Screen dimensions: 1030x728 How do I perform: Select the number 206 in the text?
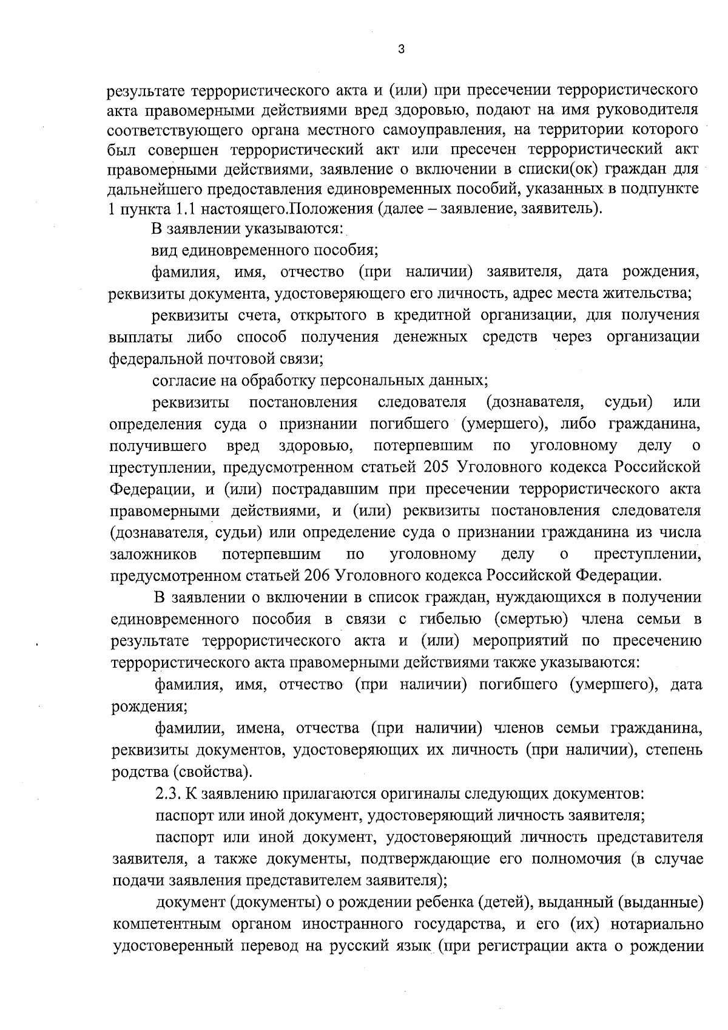tap(318, 575)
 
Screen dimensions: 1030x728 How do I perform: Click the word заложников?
tap(153, 554)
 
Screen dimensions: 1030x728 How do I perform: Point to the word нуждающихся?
tap(542, 597)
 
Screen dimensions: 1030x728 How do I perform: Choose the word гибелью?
tap(450, 619)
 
